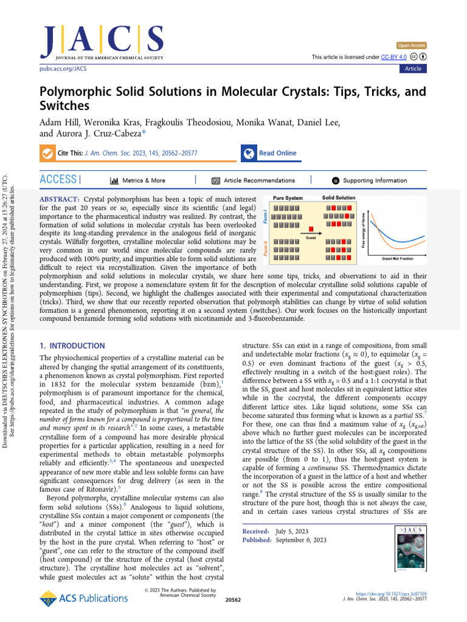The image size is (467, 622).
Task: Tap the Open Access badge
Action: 412,46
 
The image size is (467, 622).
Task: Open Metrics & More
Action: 138,180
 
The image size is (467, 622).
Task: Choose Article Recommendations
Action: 254,180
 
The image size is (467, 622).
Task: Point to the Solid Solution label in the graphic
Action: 339,198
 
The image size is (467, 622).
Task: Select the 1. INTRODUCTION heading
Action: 72,346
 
